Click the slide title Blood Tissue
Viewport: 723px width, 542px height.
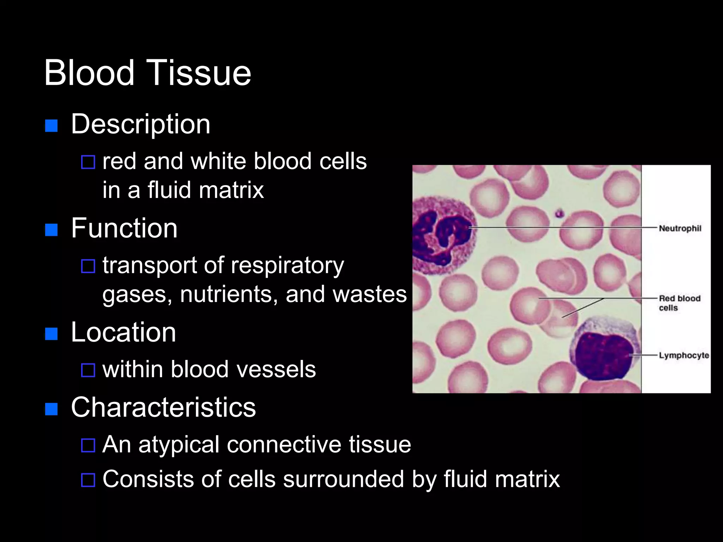[147, 73]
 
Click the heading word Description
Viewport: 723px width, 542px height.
[141, 124]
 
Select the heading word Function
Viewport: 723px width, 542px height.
[124, 228]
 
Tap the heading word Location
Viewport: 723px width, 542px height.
[123, 332]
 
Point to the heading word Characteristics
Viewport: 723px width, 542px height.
[163, 407]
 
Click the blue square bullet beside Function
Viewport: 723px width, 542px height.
[52, 230]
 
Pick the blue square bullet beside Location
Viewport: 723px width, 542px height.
[52, 334]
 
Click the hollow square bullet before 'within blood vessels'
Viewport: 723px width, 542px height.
[88, 370]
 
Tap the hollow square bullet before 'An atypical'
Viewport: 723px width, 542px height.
[88, 445]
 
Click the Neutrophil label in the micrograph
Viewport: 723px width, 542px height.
[680, 228]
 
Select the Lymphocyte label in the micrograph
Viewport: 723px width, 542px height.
[684, 355]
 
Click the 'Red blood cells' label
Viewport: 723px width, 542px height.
[679, 303]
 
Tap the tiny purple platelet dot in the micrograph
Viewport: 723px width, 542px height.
[559, 213]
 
